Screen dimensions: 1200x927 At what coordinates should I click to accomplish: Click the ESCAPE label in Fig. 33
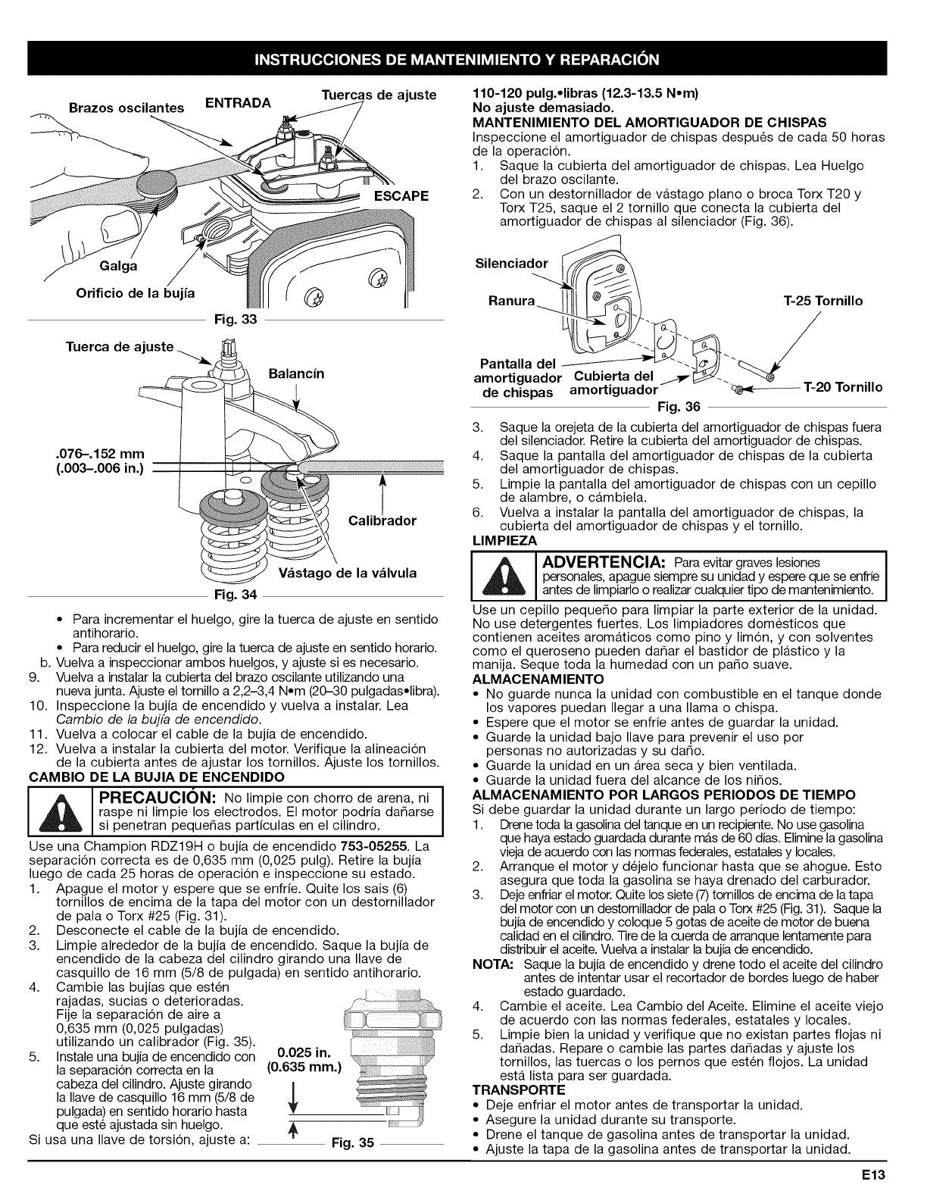coord(400,196)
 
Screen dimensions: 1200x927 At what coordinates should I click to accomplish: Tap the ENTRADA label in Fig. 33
coord(239,103)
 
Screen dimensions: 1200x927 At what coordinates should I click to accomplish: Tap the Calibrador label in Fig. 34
coord(382,521)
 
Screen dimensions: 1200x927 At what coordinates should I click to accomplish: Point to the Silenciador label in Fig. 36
coord(510,264)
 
